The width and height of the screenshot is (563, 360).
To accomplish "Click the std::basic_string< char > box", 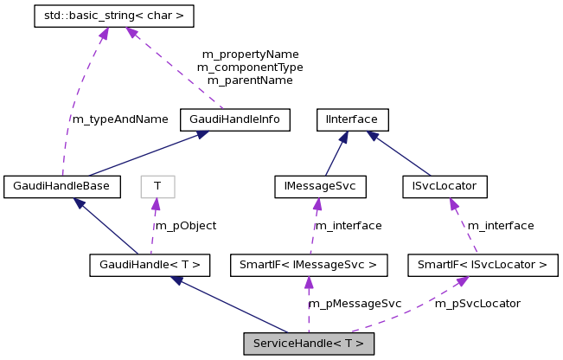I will click(x=113, y=16).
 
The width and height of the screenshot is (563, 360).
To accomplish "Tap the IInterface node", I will click(x=352, y=119).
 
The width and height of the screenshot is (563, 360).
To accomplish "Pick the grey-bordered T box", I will click(x=157, y=186).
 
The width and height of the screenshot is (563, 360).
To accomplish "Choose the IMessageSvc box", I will click(x=320, y=186).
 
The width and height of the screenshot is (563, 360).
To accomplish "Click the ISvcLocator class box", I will click(x=445, y=186).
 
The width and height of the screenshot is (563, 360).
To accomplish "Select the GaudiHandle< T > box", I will click(x=150, y=264).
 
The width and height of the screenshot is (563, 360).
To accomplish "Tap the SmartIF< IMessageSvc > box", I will click(x=309, y=264).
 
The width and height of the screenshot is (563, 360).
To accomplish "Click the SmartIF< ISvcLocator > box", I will click(x=482, y=264).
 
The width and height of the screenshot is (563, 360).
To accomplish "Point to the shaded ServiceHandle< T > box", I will click(x=309, y=343).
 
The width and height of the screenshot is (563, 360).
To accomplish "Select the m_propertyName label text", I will click(x=250, y=54).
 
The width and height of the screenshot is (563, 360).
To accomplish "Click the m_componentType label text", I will click(x=250, y=67).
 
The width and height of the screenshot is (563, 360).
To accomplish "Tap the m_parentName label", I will click(x=250, y=80).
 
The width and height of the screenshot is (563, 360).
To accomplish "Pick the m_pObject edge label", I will click(x=185, y=225).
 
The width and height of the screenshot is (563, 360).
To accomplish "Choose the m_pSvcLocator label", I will click(x=477, y=304).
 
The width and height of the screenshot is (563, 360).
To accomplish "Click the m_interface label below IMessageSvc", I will click(x=348, y=225).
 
